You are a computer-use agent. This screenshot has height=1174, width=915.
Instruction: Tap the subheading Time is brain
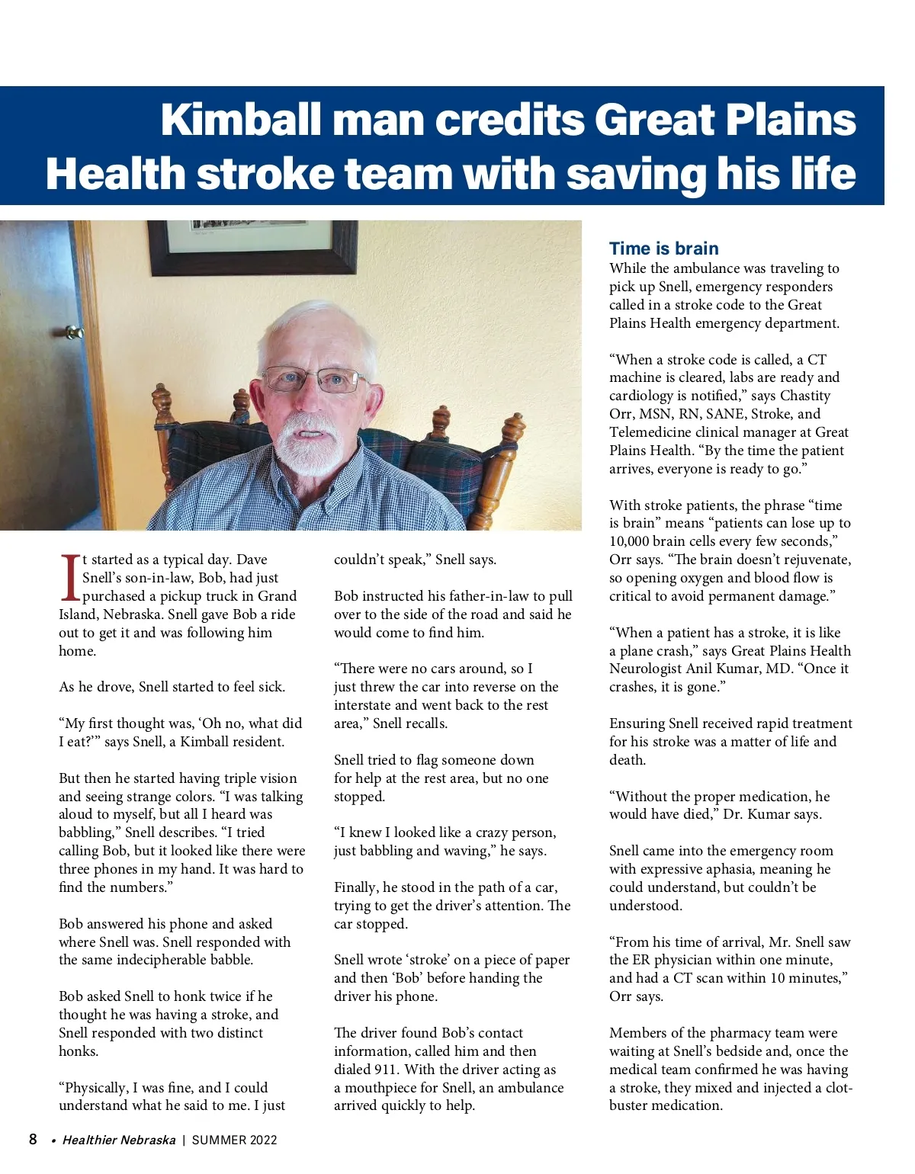pyautogui.click(x=663, y=249)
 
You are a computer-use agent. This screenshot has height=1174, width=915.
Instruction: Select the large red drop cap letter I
pyautogui.click(x=69, y=578)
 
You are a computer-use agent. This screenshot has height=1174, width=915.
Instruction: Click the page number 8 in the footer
pyautogui.click(x=33, y=1140)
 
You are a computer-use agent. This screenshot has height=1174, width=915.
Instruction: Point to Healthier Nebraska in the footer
pyautogui.click(x=119, y=1140)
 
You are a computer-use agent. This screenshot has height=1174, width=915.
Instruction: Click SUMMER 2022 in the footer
pyautogui.click(x=234, y=1140)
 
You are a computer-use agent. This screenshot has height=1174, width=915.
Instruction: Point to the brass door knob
pyautogui.click(x=74, y=332)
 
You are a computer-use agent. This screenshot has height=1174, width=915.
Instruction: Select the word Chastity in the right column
pyautogui.click(x=805, y=396)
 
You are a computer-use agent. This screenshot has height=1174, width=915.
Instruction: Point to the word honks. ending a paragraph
pyautogui.click(x=79, y=1051)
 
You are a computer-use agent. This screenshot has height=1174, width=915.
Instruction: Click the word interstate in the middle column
pyautogui.click(x=363, y=705)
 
